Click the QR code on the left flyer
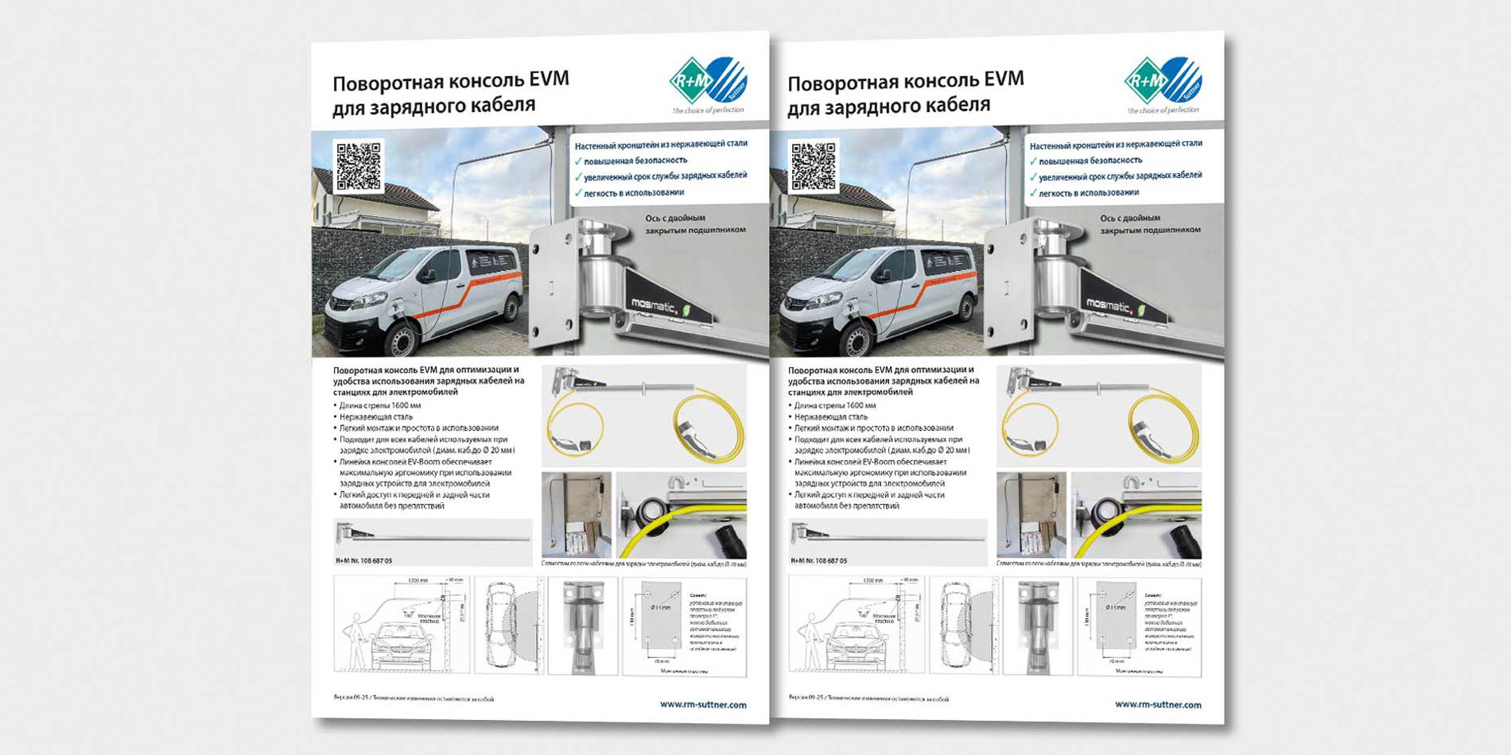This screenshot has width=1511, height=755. point(358,166)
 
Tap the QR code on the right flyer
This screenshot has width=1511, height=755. point(813,166)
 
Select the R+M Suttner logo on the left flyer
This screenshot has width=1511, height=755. point(708,81)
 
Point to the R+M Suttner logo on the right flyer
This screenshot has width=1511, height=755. point(1163,81)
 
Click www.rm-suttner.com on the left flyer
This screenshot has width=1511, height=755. point(703,704)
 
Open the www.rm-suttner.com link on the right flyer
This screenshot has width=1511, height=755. point(1158,704)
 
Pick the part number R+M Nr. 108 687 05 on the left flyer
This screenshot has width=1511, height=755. point(364,561)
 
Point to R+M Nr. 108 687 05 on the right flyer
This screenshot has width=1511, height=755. point(819,561)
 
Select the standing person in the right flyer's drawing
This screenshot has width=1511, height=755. point(810,641)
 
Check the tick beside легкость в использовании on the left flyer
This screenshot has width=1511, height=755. point(578,193)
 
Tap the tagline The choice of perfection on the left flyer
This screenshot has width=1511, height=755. point(708,110)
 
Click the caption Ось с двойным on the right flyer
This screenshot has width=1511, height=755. point(1130,218)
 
